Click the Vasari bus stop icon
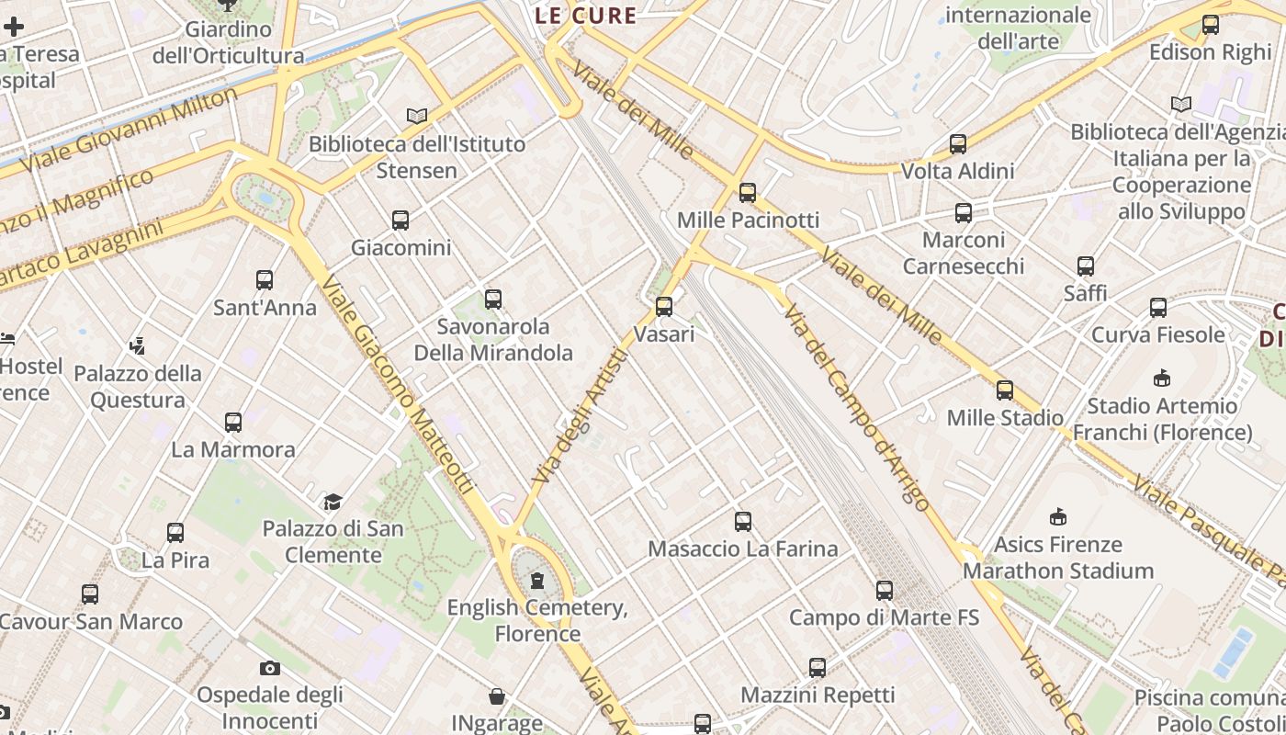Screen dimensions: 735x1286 pos(664,307)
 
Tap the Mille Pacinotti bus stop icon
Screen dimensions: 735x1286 pos(748,193)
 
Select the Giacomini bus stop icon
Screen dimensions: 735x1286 pos(400,220)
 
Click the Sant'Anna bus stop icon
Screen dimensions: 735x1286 pos(265,280)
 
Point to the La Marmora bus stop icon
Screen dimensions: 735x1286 pos(233,423)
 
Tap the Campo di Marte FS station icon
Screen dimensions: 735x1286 pos(885,591)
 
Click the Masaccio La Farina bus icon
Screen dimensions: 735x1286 pos(743,522)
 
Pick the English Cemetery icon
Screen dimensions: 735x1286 pos(537,581)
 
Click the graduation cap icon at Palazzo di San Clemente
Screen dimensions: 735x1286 pos(333,502)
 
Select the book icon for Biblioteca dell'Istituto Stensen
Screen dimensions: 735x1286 pos(417,117)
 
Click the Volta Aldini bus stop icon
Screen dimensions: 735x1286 pos(958,144)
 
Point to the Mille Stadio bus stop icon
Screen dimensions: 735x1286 pos(1005,390)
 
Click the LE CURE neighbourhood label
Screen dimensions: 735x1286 pos(586,16)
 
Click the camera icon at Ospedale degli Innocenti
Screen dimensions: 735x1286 pos(269,668)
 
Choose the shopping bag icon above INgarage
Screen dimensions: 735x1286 pos(497,696)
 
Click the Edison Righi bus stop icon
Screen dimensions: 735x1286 pos(1211,25)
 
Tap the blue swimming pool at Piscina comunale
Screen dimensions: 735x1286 pos(1233,651)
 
